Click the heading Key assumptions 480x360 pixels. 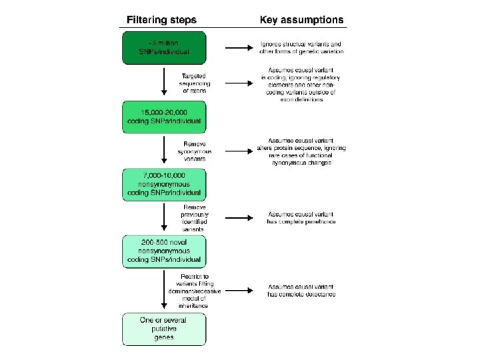tap(301, 19)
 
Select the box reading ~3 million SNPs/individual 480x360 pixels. tap(164, 47)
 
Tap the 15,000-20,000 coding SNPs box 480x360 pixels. tap(164, 117)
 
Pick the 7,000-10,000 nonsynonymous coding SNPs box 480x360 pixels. tap(164, 184)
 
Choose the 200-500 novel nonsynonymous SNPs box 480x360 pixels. tap(164, 251)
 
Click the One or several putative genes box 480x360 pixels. tap(164, 329)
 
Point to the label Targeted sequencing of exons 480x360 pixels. tap(195, 83)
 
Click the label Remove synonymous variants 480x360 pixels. tap(195, 152)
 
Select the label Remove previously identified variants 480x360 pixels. tap(195, 217)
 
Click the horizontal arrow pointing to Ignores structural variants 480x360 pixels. tap(238, 47)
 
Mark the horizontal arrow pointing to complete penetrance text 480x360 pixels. tap(238, 217)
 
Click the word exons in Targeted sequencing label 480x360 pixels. tap(195, 91)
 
